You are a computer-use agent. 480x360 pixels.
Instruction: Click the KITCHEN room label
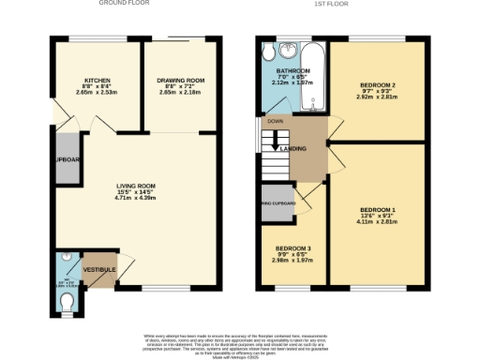pos(97,81)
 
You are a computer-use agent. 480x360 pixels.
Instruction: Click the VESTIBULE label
pos(99,270)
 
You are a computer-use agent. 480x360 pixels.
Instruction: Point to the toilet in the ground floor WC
pos(67,300)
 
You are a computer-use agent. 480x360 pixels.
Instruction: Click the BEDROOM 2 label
pos(379,85)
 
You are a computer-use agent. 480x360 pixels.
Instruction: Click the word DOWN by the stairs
pos(274,121)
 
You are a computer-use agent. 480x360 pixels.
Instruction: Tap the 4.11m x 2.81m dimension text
pos(379,221)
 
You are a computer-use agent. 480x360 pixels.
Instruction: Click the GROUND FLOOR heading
pos(127,4)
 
